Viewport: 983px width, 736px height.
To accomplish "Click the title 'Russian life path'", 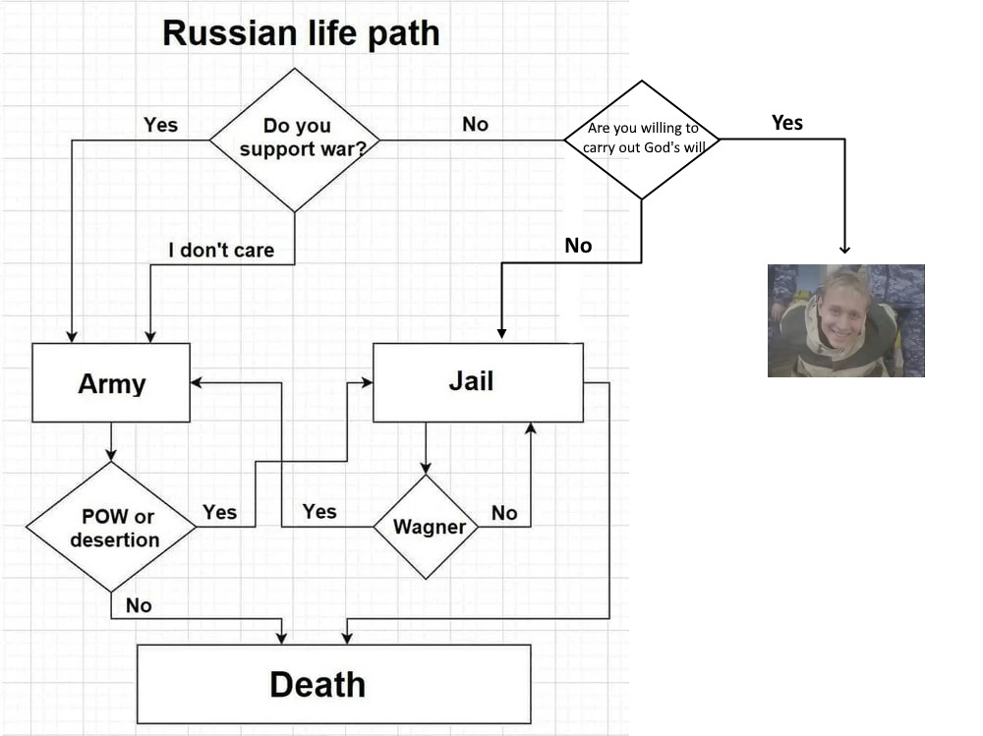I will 301,33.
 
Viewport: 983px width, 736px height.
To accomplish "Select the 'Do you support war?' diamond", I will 295,139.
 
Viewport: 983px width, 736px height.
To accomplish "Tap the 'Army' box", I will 111,382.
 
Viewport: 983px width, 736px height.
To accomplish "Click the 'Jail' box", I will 478,381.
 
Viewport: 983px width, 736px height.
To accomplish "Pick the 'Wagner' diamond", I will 426,527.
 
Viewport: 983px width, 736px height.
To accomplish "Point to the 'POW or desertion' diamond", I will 111,528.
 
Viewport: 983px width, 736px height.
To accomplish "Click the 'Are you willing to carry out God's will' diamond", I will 641,139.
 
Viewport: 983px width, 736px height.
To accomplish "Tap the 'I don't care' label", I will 221,250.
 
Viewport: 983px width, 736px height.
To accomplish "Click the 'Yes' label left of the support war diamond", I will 160,125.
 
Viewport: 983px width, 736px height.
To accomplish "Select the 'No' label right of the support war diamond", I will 475,125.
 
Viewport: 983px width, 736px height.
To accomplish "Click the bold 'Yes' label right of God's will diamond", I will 787,123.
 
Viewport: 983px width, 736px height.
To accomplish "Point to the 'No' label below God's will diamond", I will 578,246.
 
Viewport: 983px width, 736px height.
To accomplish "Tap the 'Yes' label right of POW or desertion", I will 219,512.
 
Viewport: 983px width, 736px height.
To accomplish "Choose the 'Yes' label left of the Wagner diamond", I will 319,511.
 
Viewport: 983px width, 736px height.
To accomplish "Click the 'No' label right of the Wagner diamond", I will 504,512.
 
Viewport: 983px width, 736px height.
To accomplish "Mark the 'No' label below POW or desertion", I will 139,605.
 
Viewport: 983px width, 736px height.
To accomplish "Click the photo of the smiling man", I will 845,320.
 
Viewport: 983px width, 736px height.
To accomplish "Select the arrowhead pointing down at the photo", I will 845,249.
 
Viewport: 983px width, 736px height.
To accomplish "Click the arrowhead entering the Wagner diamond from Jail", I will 426,469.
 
